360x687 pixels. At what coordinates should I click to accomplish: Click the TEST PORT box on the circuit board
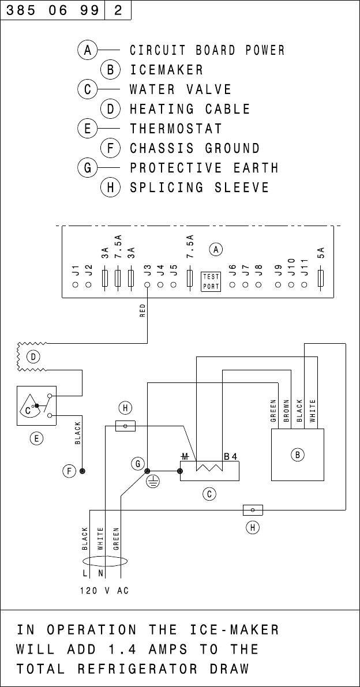point(211,281)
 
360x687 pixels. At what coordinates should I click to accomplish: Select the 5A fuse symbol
point(321,279)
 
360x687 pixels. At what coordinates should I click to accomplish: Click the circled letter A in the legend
point(88,50)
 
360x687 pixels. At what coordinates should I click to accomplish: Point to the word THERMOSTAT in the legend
point(176,129)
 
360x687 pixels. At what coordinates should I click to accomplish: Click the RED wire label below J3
point(142,311)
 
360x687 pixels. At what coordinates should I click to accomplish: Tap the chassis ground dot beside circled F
point(82,471)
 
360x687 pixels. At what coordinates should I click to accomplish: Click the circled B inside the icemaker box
point(297,455)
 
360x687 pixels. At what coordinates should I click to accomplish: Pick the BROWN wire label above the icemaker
point(286,411)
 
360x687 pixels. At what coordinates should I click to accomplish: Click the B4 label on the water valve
point(230,456)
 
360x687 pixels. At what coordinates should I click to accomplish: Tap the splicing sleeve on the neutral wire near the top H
point(125,426)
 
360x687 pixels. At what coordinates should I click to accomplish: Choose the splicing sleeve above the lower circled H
point(253,510)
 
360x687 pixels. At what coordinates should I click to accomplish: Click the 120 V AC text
point(104,591)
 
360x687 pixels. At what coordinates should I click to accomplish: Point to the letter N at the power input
point(100,573)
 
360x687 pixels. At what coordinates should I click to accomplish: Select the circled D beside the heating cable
point(33,357)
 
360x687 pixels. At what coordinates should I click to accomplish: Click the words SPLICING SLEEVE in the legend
point(199,187)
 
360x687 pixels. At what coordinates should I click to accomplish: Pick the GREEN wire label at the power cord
point(116,539)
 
